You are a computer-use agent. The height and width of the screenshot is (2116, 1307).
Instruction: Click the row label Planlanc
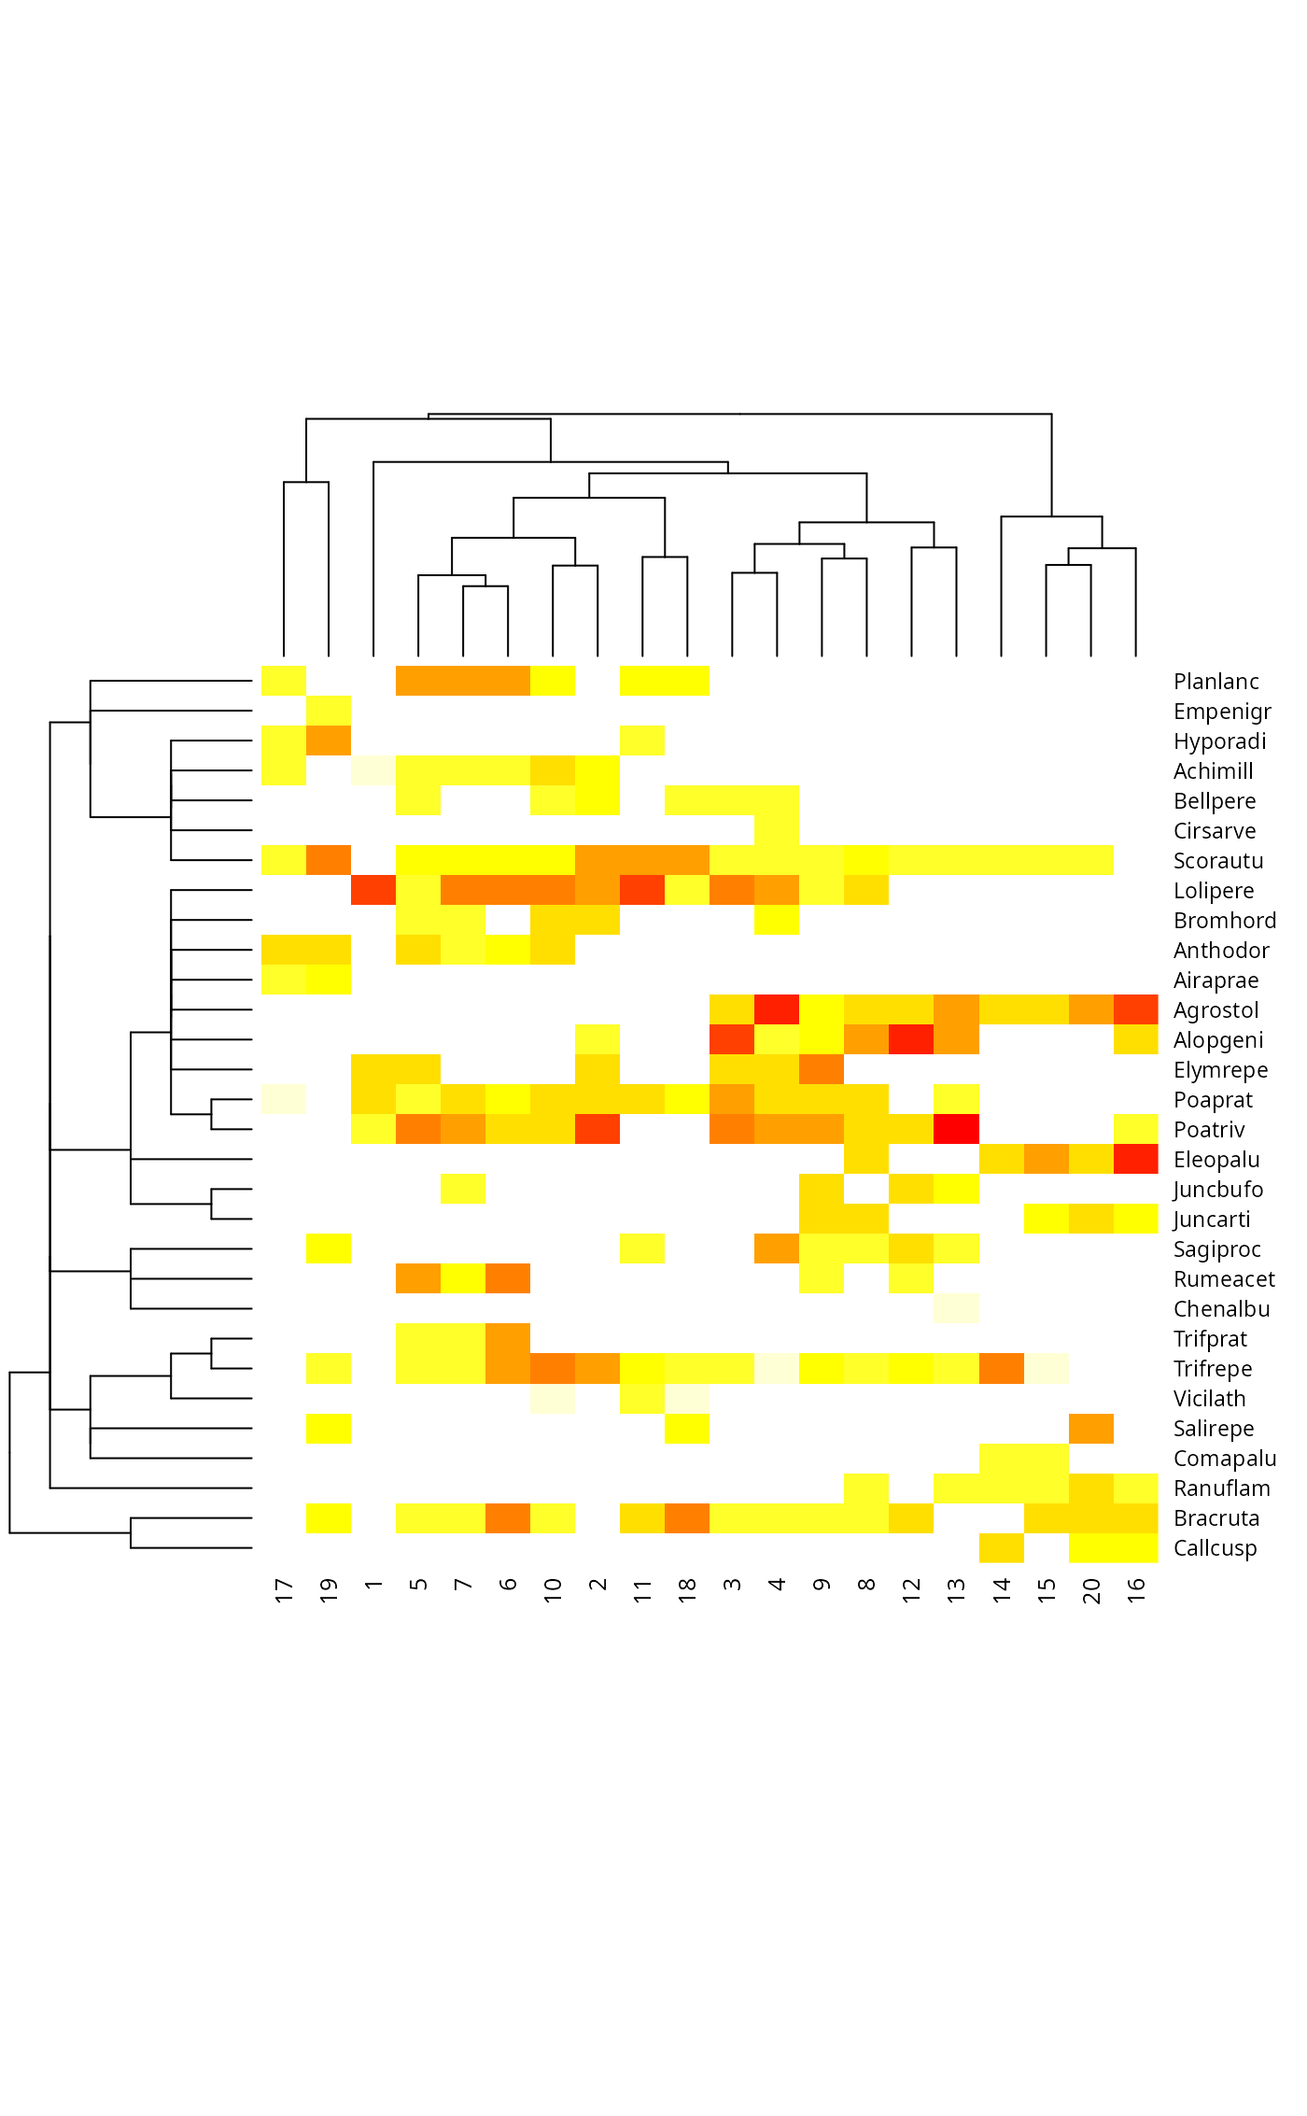click(1216, 682)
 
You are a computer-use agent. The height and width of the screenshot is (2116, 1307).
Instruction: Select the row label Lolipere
click(1213, 891)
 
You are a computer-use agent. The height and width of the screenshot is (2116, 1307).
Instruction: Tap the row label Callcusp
click(1215, 1548)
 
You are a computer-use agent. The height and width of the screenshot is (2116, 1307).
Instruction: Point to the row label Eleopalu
click(1216, 1160)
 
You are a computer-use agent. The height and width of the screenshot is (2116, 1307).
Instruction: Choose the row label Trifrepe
click(1212, 1369)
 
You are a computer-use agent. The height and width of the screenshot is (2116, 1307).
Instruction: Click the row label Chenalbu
click(1220, 1309)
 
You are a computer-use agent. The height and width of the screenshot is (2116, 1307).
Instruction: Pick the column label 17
click(284, 1590)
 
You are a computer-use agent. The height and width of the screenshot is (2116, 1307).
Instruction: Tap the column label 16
click(1136, 1590)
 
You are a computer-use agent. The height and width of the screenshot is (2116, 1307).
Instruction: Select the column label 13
click(957, 1590)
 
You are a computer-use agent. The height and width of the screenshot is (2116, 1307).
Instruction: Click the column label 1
click(373, 1585)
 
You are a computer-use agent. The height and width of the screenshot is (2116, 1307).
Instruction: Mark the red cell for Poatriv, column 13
click(957, 1130)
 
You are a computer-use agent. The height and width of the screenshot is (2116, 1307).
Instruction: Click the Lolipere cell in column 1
click(373, 891)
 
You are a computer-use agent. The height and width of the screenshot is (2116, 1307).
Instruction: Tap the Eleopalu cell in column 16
click(1136, 1160)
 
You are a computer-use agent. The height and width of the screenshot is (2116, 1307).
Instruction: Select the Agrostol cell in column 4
click(777, 1010)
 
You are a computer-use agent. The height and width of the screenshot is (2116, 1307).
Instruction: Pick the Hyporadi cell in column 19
click(329, 741)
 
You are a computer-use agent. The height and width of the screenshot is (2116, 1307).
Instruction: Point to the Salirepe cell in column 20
click(1091, 1429)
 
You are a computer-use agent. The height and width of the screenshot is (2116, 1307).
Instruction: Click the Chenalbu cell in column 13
click(957, 1309)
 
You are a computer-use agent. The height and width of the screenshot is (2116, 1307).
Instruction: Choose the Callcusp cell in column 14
click(1002, 1548)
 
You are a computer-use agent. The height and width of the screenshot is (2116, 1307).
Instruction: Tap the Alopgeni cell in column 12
click(912, 1040)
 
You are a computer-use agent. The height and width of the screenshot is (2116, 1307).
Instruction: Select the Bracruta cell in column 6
click(508, 1518)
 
